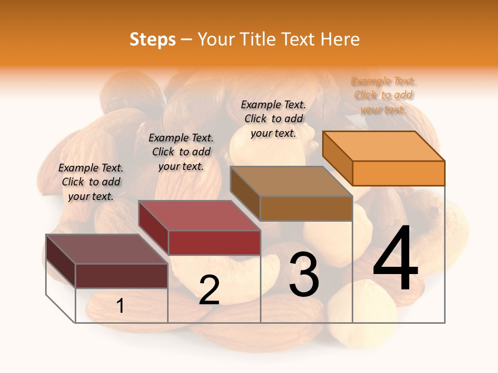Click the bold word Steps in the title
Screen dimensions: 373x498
[153, 39]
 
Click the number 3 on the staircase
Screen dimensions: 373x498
[304, 275]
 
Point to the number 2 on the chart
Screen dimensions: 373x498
[209, 290]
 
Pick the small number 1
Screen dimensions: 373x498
[120, 306]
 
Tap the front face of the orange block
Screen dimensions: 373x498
[398, 173]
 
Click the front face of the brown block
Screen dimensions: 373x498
[306, 208]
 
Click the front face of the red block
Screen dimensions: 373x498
[214, 242]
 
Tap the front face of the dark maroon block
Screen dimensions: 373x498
[121, 276]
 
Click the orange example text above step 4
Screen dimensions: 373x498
[384, 95]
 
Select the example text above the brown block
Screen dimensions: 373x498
[273, 119]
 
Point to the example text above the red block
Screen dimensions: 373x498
[181, 152]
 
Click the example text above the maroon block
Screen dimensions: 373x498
[91, 182]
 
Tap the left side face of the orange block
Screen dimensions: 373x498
[338, 157]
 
